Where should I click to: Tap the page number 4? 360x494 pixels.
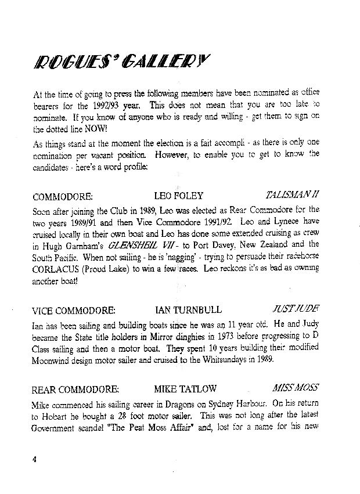click(x=35, y=459)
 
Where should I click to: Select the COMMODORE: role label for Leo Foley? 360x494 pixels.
click(x=63, y=196)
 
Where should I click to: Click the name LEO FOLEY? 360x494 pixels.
click(x=178, y=196)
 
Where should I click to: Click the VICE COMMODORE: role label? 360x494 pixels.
click(x=74, y=309)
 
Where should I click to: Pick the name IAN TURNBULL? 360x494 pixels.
click(x=189, y=309)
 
